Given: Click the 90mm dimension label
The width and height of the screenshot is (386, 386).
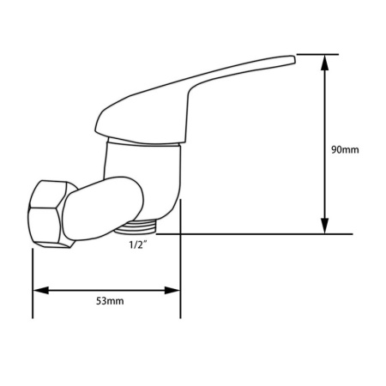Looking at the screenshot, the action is [345, 150].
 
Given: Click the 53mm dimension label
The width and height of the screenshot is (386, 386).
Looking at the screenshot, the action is [110, 301].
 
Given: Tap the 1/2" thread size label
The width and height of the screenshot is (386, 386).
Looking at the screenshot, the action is [138, 245].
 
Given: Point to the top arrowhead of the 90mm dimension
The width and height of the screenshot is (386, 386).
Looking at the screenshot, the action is [324, 63].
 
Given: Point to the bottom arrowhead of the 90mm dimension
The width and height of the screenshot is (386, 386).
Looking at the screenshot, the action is [324, 226].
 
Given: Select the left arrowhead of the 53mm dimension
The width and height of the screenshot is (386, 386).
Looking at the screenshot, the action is [41, 291].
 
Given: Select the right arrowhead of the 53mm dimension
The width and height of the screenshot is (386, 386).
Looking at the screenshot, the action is [172, 291].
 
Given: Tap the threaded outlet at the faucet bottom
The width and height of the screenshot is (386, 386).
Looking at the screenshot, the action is [136, 226].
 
